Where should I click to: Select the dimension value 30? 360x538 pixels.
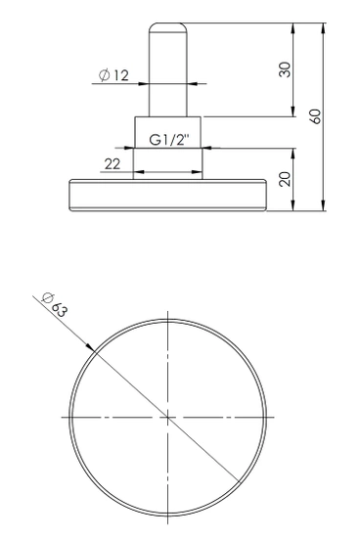coord(283,70)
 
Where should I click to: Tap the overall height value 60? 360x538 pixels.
coord(314,114)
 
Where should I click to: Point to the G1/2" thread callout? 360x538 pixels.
coord(169,140)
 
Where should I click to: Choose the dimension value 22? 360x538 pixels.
coord(112,164)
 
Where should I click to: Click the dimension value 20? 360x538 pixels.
coord(283,180)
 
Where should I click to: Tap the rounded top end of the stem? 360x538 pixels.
coord(167,25)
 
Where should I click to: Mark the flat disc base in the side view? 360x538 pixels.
coord(167,195)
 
